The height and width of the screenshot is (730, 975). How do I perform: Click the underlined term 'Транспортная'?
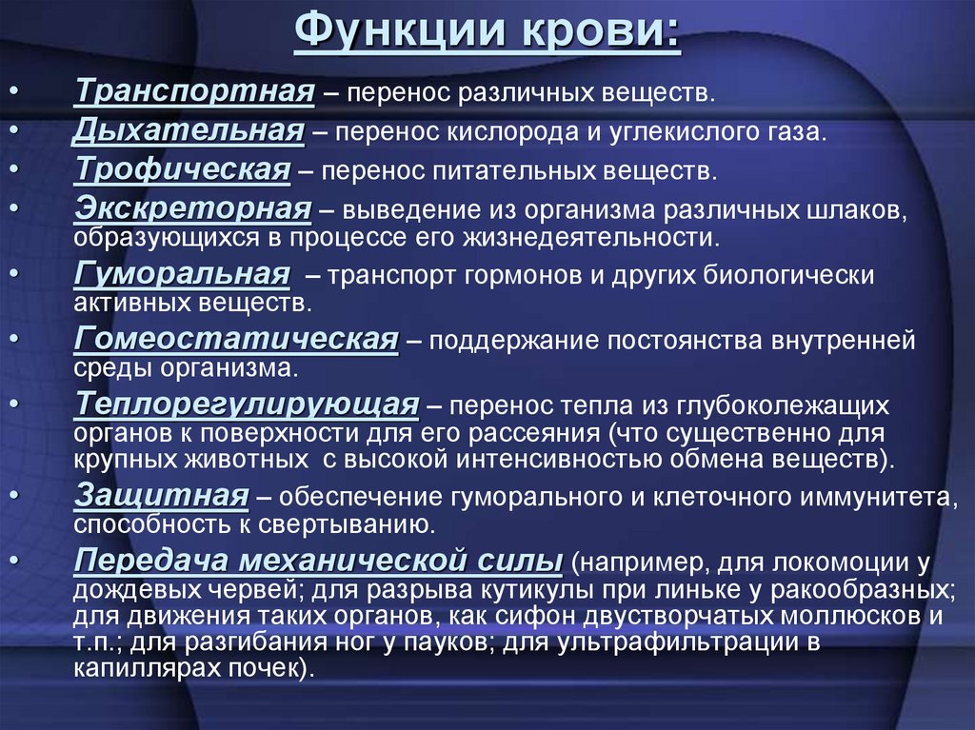click(195, 92)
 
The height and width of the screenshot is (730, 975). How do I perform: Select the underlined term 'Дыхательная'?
click(189, 129)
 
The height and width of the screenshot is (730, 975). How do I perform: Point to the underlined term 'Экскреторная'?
click(193, 207)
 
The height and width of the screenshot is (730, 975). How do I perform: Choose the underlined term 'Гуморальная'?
click(182, 275)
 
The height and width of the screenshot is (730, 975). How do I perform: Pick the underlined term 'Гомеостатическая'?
click(235, 340)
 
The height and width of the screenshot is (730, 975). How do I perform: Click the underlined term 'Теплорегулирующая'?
click(247, 404)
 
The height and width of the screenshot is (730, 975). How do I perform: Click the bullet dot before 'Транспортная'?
click(17, 93)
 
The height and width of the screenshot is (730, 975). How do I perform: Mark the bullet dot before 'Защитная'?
click(17, 496)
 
